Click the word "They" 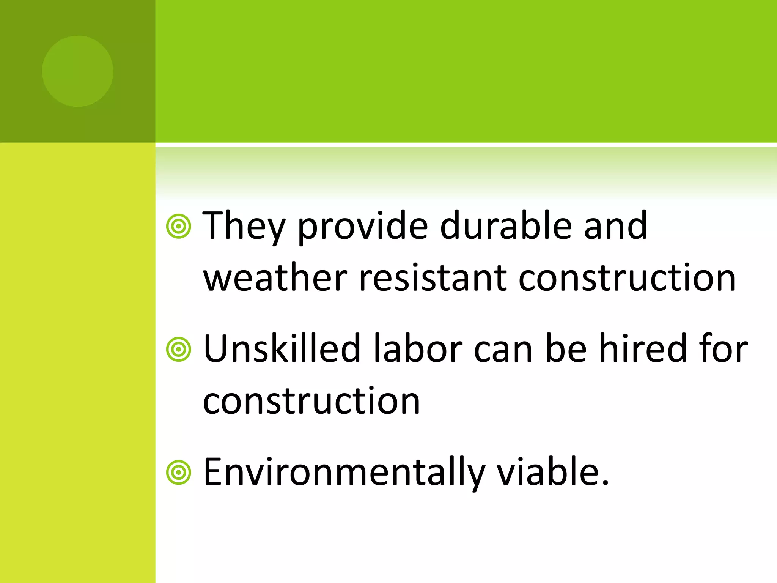(x=243, y=227)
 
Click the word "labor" (x=417, y=348)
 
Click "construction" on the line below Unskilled (x=311, y=401)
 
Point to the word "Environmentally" (x=344, y=472)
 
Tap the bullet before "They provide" (x=178, y=227)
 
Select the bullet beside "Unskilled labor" (x=178, y=349)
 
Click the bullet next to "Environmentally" (x=178, y=473)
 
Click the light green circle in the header (x=78, y=71)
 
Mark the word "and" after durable (x=615, y=227)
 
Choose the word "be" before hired (x=566, y=348)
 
